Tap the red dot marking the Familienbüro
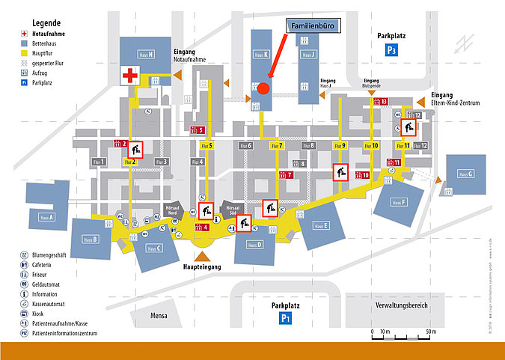point(263,88)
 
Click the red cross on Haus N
point(132,74)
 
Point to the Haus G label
point(465,174)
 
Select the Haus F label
point(397,202)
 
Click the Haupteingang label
point(201,266)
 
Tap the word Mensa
point(158,315)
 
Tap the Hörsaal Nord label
point(174,209)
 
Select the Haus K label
point(259,55)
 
